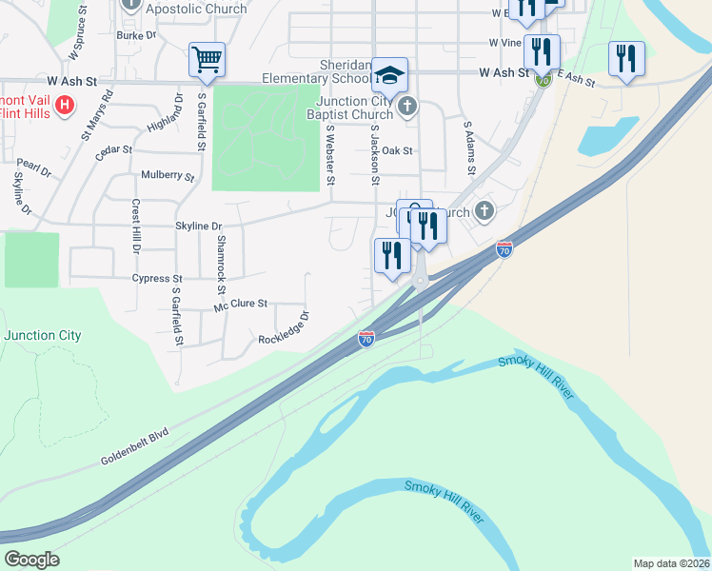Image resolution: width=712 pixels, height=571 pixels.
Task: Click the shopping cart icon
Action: tap(207, 59)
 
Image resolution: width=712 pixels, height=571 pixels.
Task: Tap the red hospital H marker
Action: tap(65, 105)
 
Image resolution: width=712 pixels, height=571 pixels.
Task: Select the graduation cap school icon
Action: tap(389, 73)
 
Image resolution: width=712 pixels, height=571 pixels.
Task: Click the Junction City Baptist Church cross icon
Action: tap(407, 106)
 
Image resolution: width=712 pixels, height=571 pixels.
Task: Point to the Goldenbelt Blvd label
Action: tap(134, 447)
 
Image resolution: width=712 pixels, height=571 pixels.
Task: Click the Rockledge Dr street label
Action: tap(284, 327)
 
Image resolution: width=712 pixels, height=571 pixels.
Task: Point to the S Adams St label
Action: tap(468, 148)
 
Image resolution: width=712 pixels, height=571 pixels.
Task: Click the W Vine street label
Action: tap(504, 43)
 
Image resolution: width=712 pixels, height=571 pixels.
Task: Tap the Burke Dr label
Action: tap(136, 35)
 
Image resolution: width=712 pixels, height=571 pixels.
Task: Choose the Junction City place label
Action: tap(42, 335)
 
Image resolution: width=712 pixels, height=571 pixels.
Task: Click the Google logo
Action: tap(31, 560)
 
